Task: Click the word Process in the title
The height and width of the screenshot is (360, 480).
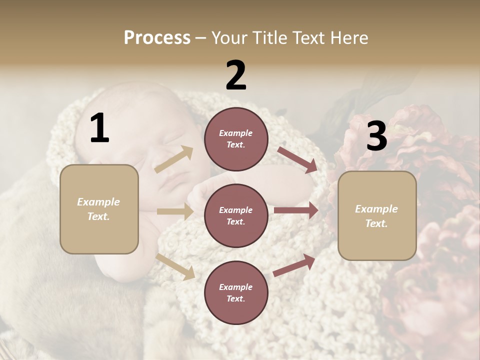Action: (157, 38)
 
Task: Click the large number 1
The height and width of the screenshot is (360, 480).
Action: (99, 128)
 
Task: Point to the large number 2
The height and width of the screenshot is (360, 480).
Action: (236, 75)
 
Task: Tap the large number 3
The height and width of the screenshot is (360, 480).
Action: (376, 136)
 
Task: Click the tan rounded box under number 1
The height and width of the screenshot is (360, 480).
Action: (99, 209)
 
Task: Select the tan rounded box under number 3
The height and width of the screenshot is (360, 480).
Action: (377, 216)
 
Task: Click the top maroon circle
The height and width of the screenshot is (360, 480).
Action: (236, 139)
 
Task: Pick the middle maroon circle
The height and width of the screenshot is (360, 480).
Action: (236, 216)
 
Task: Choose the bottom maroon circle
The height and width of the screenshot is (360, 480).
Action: (236, 293)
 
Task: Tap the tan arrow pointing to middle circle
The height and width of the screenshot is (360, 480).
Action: (175, 211)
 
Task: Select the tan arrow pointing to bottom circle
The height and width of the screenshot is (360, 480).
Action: (175, 266)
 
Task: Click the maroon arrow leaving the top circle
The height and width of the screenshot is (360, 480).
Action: (297, 159)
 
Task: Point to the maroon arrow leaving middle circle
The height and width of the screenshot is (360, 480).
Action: (296, 210)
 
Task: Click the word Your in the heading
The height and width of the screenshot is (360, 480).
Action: (228, 38)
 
